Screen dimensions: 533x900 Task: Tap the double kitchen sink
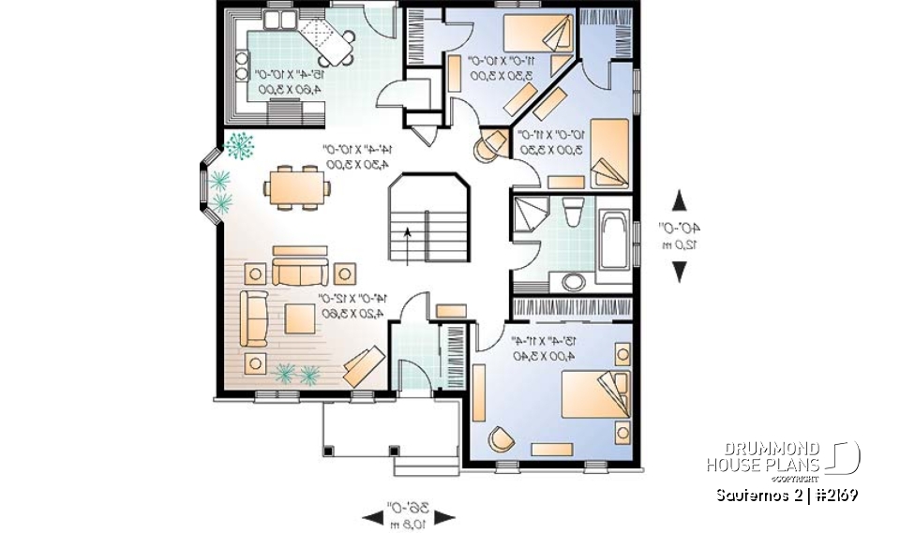[280, 20]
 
